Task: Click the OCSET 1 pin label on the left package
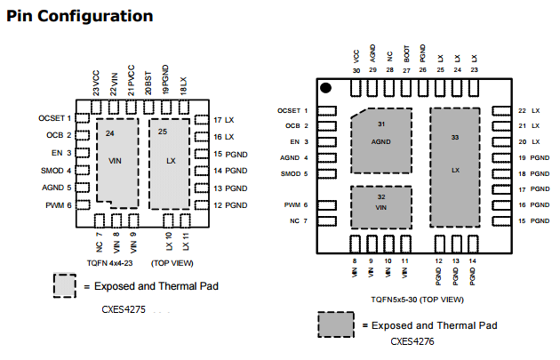[54, 118]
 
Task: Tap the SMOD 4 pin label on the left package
[55, 170]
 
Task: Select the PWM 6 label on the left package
[58, 204]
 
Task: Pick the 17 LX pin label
[223, 119]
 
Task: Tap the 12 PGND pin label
[229, 204]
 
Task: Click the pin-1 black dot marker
[326, 87]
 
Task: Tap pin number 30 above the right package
[356, 69]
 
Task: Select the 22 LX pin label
[529, 110]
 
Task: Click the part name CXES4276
[413, 340]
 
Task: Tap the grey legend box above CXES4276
[338, 324]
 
